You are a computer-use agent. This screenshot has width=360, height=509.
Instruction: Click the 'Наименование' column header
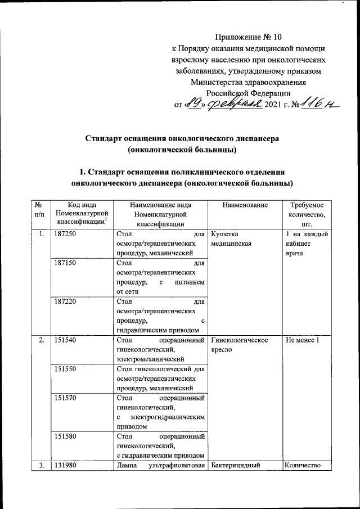(245, 206)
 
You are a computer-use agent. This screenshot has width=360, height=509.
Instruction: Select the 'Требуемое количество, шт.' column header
(307, 214)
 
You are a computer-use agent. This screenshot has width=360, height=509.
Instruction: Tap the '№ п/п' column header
(39, 210)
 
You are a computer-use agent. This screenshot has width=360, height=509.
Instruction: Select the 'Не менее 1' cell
(303, 341)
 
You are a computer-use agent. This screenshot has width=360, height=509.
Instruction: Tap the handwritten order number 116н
(316, 105)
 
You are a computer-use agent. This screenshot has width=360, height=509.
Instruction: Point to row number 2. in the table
(40, 341)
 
